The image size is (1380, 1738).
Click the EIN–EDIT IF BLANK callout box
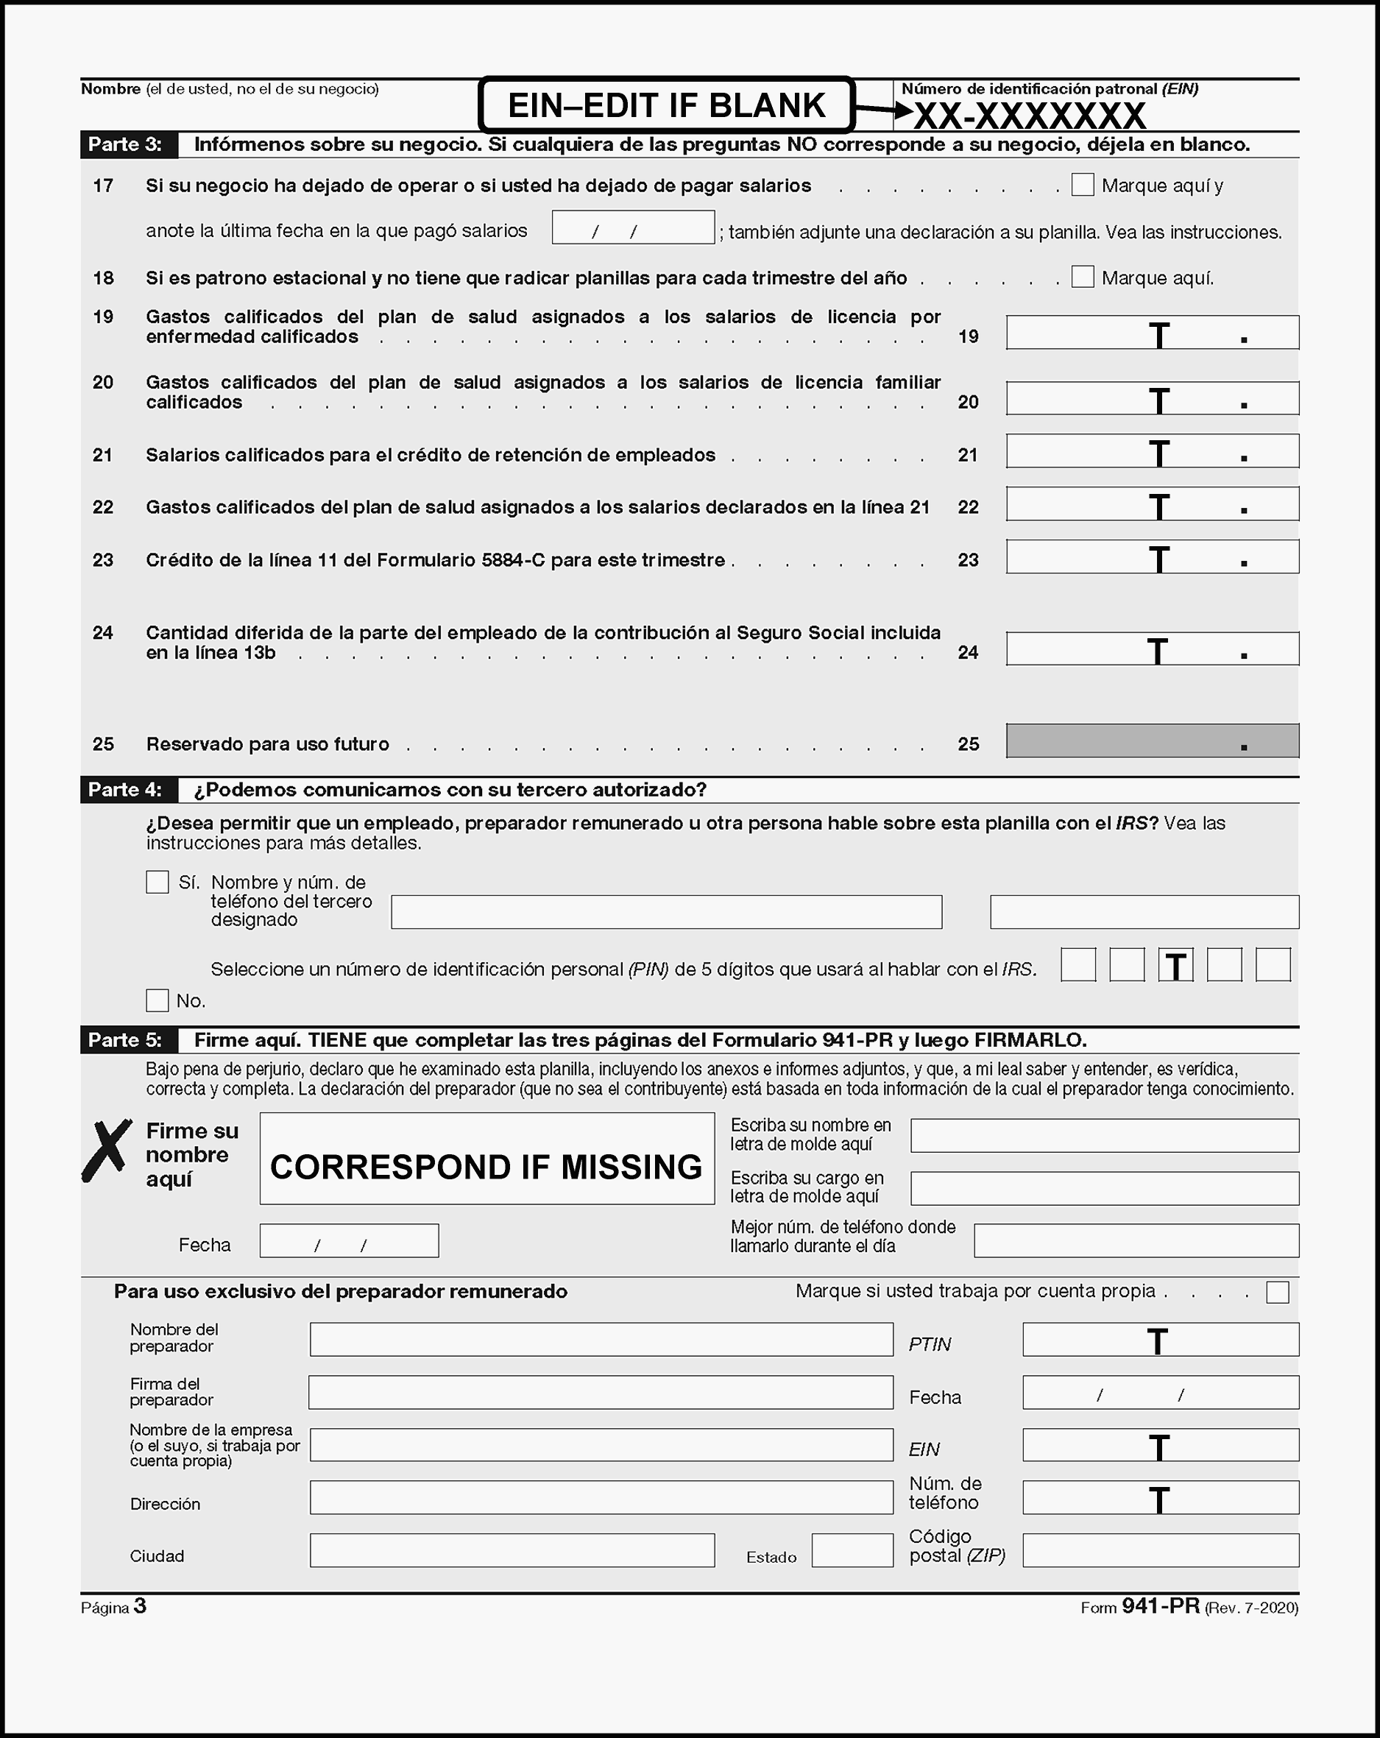(x=666, y=105)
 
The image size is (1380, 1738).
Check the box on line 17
(x=1082, y=185)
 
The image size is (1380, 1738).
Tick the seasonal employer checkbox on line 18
(x=1082, y=277)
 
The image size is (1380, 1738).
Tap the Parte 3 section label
(x=125, y=144)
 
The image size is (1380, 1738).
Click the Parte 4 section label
(x=125, y=790)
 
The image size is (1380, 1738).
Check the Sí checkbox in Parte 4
(x=158, y=881)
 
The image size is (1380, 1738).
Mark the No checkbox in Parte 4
(x=158, y=1000)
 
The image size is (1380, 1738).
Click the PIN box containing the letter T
(x=1175, y=965)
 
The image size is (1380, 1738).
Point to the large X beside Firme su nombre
(x=107, y=1151)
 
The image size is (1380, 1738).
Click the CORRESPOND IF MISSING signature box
(x=487, y=1159)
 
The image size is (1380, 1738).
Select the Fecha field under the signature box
(x=349, y=1241)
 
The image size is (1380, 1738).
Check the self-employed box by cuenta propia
(x=1277, y=1292)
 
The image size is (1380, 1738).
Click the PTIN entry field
(x=1160, y=1340)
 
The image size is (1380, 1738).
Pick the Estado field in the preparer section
(x=852, y=1550)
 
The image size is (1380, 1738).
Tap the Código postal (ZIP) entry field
(x=1160, y=1550)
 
